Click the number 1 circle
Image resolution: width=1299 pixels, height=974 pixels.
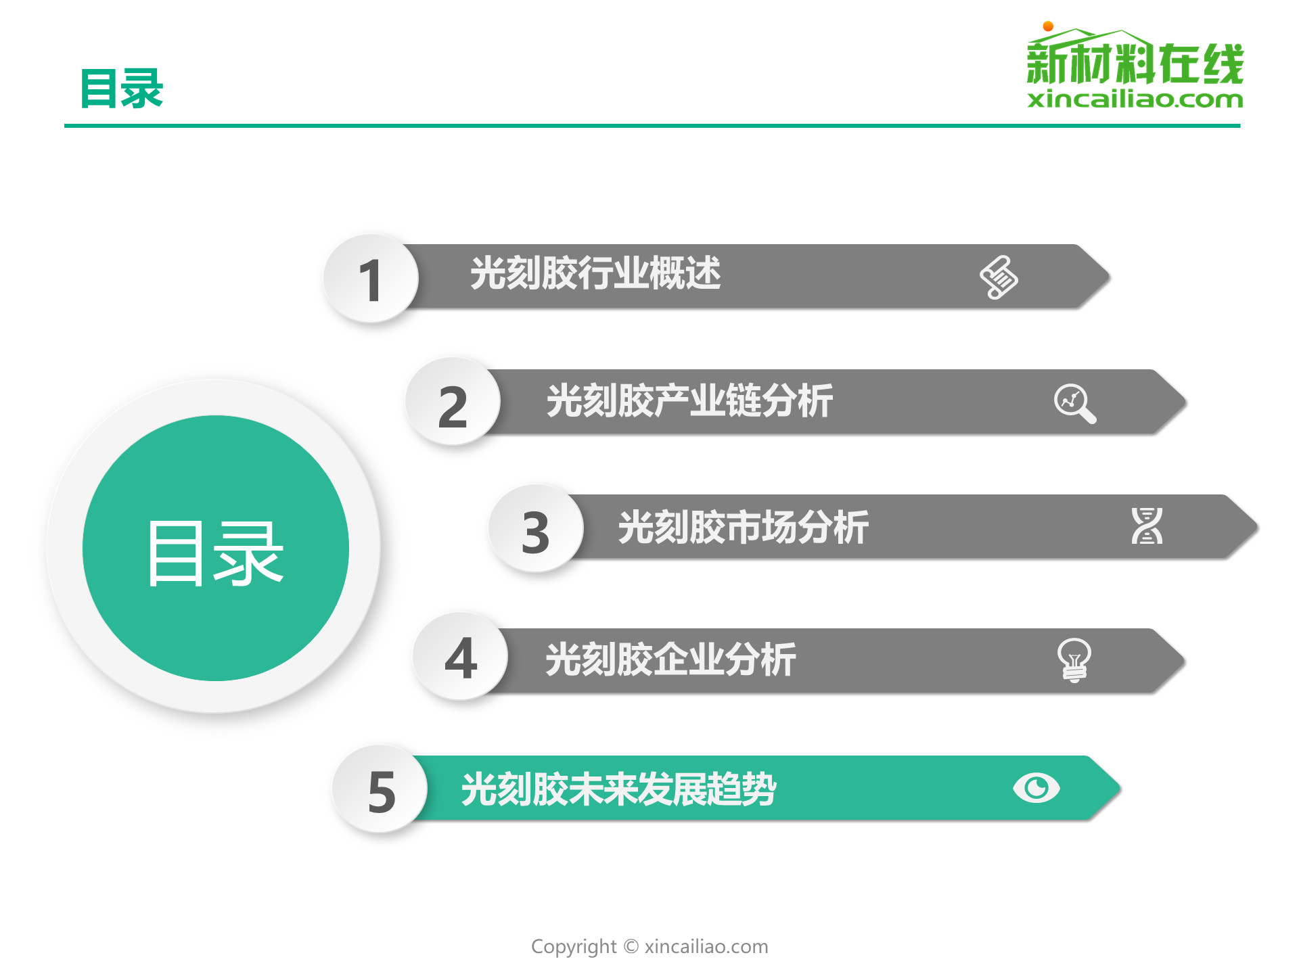[371, 278]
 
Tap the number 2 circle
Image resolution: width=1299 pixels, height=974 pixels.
[453, 402]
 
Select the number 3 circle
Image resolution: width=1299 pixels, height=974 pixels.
[536, 529]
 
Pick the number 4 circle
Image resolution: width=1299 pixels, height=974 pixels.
[461, 656]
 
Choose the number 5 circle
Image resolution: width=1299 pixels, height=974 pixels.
[380, 789]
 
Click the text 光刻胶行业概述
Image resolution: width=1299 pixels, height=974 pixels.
[595, 273]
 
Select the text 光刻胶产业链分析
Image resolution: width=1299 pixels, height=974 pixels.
[689, 400]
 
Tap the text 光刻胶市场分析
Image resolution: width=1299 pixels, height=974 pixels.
[743, 527]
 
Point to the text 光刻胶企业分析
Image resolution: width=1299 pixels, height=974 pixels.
[670, 659]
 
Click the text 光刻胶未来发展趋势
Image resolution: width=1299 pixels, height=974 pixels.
[618, 789]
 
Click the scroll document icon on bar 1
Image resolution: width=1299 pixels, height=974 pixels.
[999, 277]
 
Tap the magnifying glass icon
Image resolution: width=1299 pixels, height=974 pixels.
[1075, 404]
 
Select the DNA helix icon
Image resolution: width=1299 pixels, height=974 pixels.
[1147, 526]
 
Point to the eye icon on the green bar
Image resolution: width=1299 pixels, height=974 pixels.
[1036, 788]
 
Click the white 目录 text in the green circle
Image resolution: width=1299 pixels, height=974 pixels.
[215, 553]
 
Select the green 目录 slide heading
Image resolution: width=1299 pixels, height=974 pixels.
[122, 89]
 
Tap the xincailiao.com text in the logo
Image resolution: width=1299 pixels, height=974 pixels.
[1135, 99]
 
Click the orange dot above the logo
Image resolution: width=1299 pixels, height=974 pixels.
[1048, 26]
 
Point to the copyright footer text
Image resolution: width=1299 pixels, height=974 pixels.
[649, 946]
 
